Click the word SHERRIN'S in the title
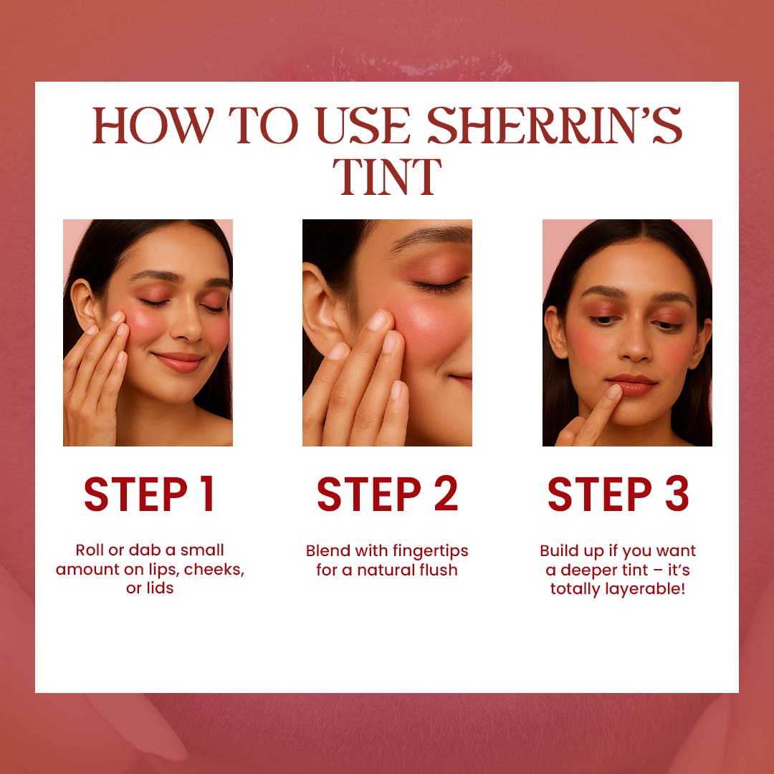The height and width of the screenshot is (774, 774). (x=554, y=125)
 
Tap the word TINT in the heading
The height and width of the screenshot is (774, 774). (x=387, y=177)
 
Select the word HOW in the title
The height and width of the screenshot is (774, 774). (x=153, y=125)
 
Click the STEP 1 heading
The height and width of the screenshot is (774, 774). (x=149, y=494)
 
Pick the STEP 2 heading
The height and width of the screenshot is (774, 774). (x=388, y=494)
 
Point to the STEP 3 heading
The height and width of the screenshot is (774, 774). (x=618, y=494)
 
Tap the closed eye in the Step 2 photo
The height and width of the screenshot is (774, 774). (x=439, y=285)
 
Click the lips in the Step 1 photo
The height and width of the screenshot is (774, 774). (x=178, y=362)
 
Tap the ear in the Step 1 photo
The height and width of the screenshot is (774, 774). (x=84, y=303)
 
